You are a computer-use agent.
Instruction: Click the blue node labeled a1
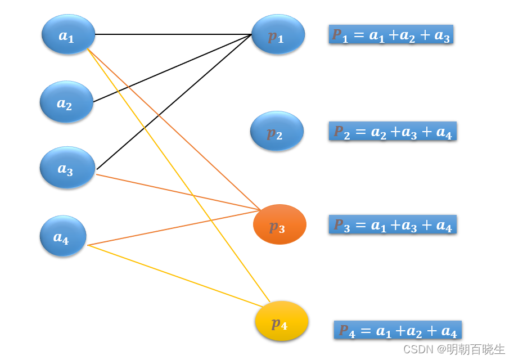pos(68,35)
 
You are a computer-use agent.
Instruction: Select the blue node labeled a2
pos(66,102)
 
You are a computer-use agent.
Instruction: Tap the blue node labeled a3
pos(67,168)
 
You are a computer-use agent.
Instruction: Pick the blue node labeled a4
pos(63,236)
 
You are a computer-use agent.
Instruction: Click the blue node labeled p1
pos(278,35)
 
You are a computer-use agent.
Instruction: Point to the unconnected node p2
pos(277,132)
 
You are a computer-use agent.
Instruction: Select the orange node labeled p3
pos(279,225)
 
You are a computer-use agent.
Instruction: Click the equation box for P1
pos(391,35)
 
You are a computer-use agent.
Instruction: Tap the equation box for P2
pos(393,132)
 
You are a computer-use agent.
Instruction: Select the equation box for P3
pos(393,225)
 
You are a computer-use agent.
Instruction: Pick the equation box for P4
pos(398,330)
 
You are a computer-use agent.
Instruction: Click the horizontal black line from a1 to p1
pos(169,34)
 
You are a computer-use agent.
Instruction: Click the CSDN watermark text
pos(454,349)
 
